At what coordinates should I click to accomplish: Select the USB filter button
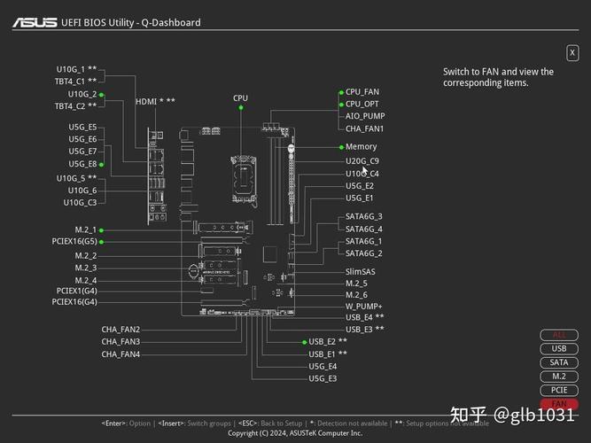tap(559, 348)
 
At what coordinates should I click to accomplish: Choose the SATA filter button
tap(559, 362)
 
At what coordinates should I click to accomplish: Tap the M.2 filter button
tap(559, 377)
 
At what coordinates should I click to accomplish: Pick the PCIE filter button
tap(559, 390)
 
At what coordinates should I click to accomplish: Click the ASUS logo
tap(33, 21)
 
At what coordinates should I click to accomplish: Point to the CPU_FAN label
tap(362, 91)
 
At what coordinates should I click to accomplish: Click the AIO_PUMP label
tap(365, 116)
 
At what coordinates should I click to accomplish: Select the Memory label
tap(362, 147)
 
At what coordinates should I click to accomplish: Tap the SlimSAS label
tap(361, 272)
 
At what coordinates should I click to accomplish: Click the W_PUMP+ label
tap(364, 306)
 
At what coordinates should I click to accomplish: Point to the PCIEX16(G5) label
tap(74, 241)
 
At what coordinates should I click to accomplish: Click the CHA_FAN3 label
tap(121, 341)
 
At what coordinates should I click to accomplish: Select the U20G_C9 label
tap(362, 161)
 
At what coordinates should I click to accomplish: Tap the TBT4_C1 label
tap(75, 81)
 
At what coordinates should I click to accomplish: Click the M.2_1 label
tap(86, 229)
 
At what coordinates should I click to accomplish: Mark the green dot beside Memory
tap(341, 147)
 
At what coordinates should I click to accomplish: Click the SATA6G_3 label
tap(364, 216)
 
